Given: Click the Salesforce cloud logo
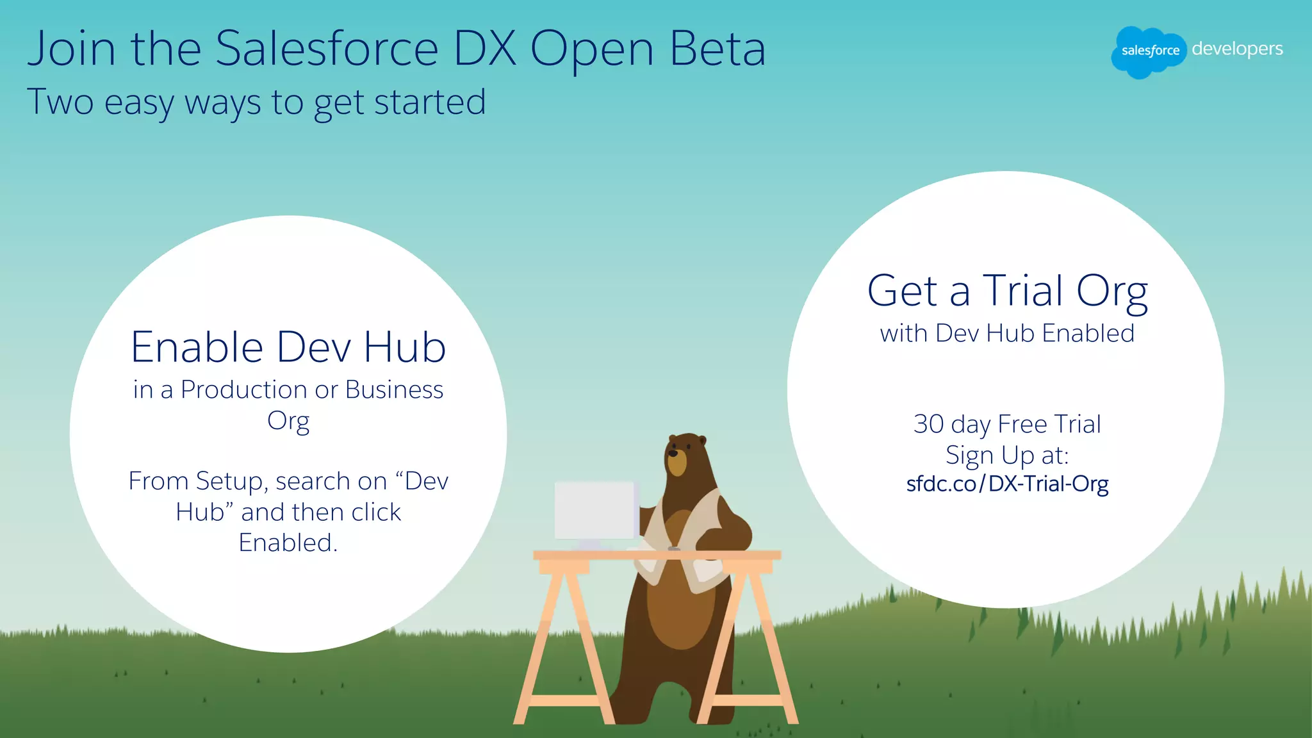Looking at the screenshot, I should point(1149,51).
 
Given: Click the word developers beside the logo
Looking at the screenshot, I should point(1237,49).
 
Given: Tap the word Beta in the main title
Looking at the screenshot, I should point(717,49).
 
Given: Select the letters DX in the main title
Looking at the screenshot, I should point(485,49).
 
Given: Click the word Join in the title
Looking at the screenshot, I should point(71,49).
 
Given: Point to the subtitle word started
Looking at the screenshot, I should point(430,102).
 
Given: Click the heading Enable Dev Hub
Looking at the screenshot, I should point(288,347).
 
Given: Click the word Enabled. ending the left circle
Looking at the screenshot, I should point(288,543).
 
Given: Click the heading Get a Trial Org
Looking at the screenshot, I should point(1007,291).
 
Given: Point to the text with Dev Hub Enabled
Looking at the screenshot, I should point(1007,333).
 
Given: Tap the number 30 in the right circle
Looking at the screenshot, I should point(929,424).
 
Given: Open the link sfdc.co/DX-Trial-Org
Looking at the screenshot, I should point(1007,484).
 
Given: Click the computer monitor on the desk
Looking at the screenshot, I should point(594,511).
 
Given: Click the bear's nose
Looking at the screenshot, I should point(673,453).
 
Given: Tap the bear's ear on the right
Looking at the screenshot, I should point(702,441).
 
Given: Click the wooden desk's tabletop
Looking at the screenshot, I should point(657,555).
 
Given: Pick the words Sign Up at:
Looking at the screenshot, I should point(1007,455).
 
